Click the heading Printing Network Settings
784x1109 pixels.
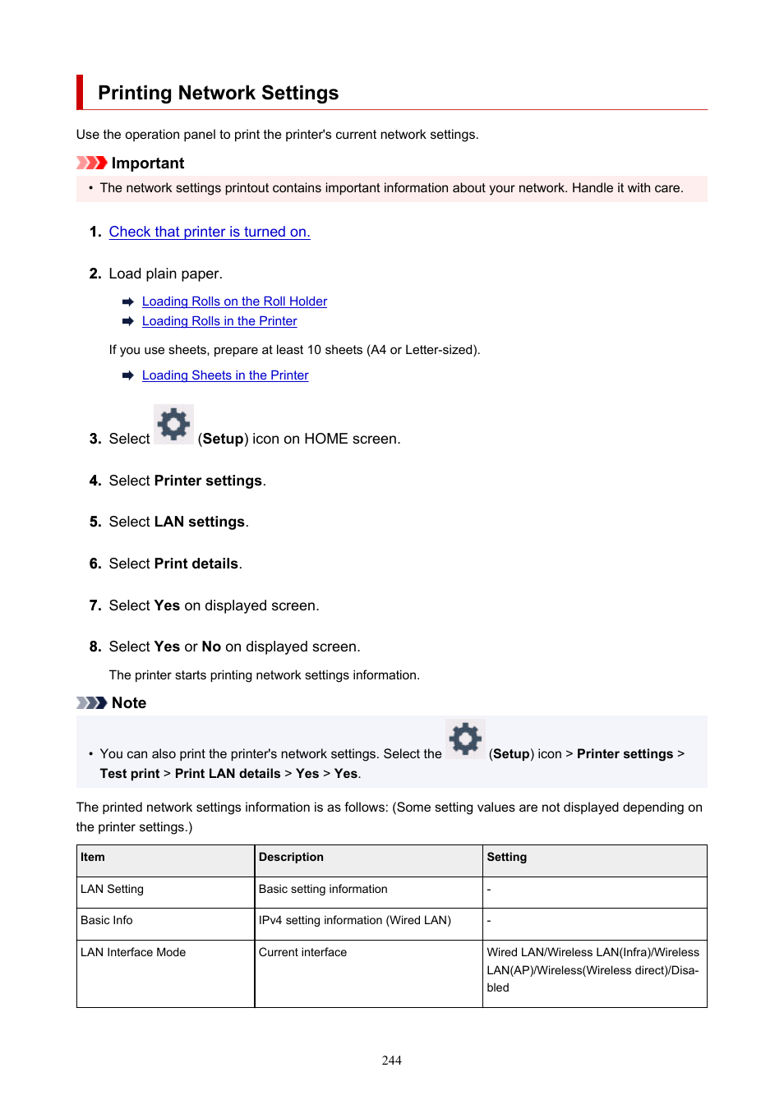(218, 93)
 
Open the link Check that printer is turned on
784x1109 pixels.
(210, 232)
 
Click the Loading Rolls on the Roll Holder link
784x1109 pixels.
(234, 301)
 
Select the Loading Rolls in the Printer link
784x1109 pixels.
(219, 321)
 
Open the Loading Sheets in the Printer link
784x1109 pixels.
(225, 375)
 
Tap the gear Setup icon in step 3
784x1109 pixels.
(173, 424)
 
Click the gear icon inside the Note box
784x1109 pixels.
(465, 739)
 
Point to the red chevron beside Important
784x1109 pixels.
(91, 163)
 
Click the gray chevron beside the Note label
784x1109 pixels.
(91, 702)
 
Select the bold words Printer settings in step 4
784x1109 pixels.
(208, 481)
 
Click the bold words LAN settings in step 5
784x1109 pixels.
(200, 522)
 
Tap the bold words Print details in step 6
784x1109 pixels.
(196, 564)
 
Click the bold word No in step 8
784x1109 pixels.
(211, 647)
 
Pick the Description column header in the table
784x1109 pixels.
(291, 857)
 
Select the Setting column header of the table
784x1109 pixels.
(506, 857)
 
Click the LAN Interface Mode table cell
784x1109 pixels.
(133, 952)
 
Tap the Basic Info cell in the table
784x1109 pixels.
(107, 920)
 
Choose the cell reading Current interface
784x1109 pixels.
(302, 952)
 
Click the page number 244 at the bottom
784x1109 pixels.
(392, 1061)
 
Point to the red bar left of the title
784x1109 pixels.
(80, 92)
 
